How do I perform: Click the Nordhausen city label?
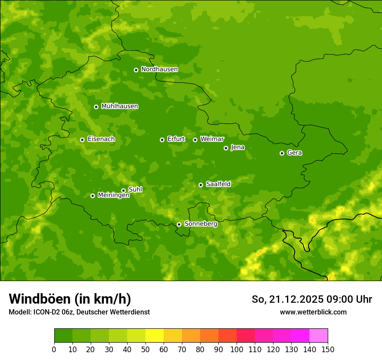[x=159, y=69]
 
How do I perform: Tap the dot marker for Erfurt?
[x=162, y=140]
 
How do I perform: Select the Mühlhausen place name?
[x=119, y=106]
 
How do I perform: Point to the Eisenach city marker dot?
[x=82, y=140]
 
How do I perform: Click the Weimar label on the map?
[x=212, y=139]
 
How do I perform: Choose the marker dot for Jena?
[x=226, y=148]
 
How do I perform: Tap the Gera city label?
[x=294, y=153]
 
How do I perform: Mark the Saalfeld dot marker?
[x=201, y=185]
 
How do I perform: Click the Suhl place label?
[x=135, y=190]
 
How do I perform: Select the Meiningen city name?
[x=113, y=196]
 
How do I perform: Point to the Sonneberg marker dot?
[x=179, y=224]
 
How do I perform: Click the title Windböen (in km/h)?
[x=69, y=299]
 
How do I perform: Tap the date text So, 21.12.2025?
[x=287, y=299]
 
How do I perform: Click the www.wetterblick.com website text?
[x=313, y=312]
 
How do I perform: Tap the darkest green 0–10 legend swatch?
[x=63, y=336]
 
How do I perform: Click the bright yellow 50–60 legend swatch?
[x=155, y=336]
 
